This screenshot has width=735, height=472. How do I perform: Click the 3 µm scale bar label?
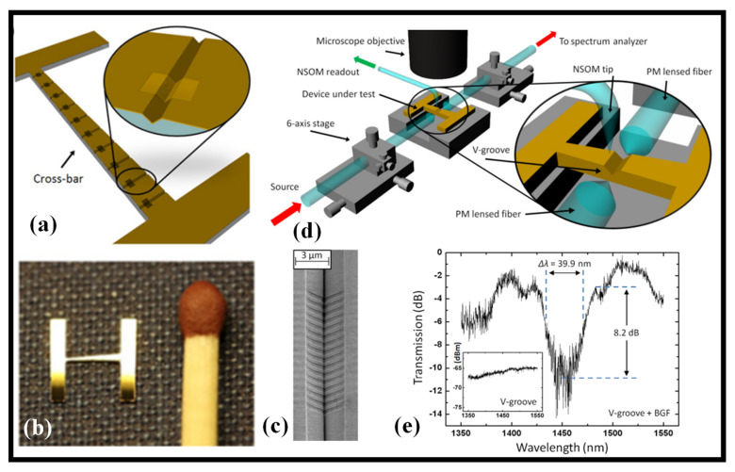[318, 255]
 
